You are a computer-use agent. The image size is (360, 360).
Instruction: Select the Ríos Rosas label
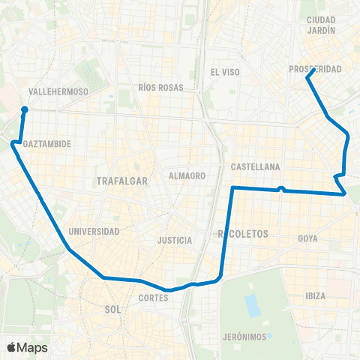[x=160, y=87]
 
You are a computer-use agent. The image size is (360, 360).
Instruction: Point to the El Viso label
[x=224, y=73]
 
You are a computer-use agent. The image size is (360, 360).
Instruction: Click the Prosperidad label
[x=315, y=69]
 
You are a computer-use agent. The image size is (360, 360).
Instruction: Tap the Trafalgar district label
[x=121, y=181]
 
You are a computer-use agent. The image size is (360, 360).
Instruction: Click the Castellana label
[x=255, y=166]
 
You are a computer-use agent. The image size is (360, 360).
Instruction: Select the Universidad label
[x=94, y=231]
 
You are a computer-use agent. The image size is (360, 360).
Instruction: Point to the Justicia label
[x=175, y=241]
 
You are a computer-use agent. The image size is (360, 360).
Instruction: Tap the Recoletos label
[x=242, y=235]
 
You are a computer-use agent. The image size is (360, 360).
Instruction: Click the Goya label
[x=308, y=238]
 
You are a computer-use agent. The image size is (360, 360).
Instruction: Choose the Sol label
[x=113, y=308]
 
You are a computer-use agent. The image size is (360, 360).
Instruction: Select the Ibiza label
[x=316, y=295]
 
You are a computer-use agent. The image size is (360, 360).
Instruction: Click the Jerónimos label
[x=245, y=337]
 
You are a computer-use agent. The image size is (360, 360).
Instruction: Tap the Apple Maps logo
[x=27, y=347]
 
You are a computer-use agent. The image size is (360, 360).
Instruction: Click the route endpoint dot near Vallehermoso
[x=25, y=109]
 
